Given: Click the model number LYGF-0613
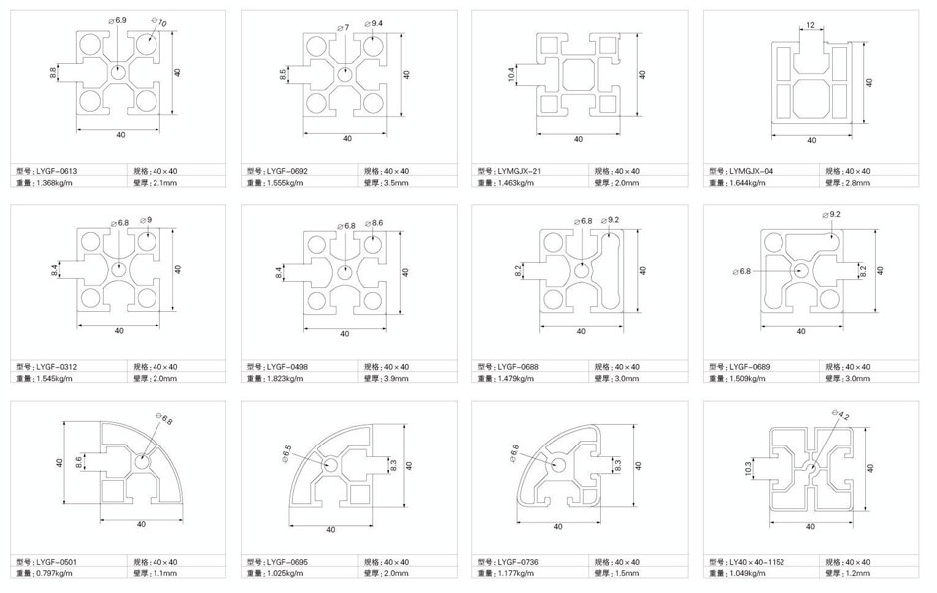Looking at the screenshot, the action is [x=56, y=171].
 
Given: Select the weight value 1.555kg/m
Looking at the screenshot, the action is [x=283, y=182].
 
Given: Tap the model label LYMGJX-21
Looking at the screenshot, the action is [x=519, y=171].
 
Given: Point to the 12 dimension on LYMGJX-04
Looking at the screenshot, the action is [x=810, y=25].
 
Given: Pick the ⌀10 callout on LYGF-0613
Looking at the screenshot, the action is [x=158, y=23].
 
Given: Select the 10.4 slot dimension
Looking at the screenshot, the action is [x=511, y=74].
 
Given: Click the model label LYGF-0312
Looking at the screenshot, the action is [x=56, y=367].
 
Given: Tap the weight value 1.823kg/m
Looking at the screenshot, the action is [x=283, y=378].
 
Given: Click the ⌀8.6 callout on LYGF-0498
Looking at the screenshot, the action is [x=374, y=223].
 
